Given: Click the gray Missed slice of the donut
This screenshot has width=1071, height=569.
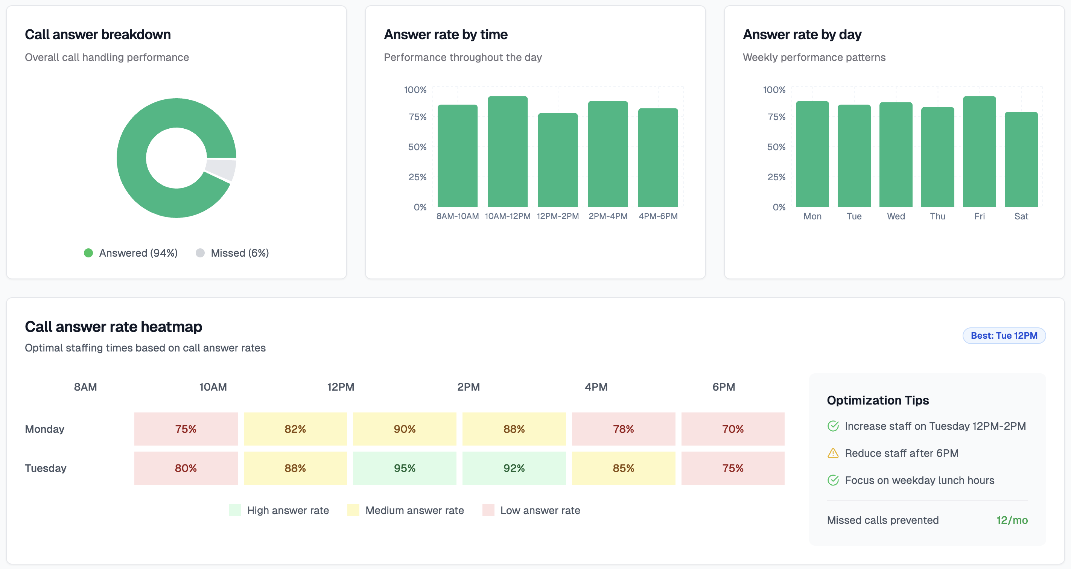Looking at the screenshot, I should (x=221, y=169).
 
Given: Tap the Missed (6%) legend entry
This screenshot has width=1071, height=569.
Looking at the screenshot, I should (x=233, y=253).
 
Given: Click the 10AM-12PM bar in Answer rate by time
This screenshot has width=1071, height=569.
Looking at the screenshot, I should (x=507, y=152).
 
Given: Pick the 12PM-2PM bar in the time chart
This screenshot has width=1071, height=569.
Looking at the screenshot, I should (x=558, y=160).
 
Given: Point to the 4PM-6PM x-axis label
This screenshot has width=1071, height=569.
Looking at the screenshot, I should (x=658, y=216).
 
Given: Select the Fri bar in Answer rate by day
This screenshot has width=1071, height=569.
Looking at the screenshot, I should (x=979, y=152).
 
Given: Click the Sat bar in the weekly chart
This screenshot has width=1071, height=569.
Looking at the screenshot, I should (x=1021, y=160).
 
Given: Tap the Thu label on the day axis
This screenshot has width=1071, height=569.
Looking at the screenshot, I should (x=937, y=216).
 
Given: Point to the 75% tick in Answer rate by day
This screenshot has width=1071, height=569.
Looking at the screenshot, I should (x=776, y=117).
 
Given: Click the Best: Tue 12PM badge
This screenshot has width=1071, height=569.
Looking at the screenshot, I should (x=1004, y=335).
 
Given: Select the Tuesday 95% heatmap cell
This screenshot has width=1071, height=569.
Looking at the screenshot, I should (x=404, y=468).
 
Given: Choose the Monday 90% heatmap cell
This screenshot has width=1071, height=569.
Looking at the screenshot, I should (x=404, y=429).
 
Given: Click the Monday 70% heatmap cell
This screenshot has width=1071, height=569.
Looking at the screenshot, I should (x=733, y=429).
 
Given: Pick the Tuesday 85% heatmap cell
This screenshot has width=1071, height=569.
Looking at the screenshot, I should (x=623, y=468).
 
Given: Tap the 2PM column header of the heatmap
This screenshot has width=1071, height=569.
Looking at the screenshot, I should (x=468, y=387).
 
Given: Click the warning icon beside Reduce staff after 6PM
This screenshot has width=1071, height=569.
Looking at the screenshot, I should (x=833, y=453).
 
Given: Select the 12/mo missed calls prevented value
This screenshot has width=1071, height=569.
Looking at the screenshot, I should (x=1012, y=520).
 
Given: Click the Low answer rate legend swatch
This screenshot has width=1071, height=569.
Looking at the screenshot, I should (x=488, y=510).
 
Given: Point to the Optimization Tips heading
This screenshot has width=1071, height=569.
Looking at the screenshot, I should (x=877, y=400).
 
